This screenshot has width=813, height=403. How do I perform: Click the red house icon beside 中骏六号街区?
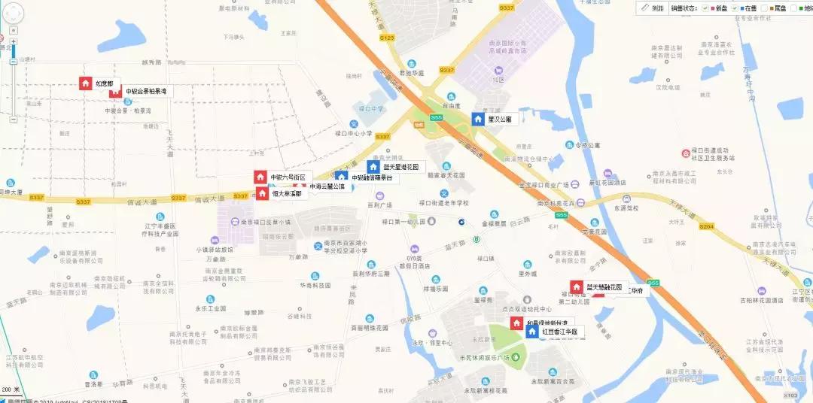[260, 177]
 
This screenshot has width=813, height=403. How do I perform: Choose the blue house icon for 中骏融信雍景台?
[341, 177]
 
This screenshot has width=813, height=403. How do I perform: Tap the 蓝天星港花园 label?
[404, 166]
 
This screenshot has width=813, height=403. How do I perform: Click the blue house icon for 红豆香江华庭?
[532, 332]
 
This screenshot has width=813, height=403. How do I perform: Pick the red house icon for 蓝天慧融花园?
[577, 287]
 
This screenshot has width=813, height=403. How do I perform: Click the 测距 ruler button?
[653, 8]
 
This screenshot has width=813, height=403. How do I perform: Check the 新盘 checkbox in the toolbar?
[705, 8]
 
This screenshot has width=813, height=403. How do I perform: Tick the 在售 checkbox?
[735, 8]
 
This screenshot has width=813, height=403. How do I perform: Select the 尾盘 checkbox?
[765, 8]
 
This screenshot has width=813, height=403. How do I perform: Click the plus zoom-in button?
[14, 40]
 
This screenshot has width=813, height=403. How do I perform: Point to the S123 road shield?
[388, 37]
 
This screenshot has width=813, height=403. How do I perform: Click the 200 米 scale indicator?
[11, 389]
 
